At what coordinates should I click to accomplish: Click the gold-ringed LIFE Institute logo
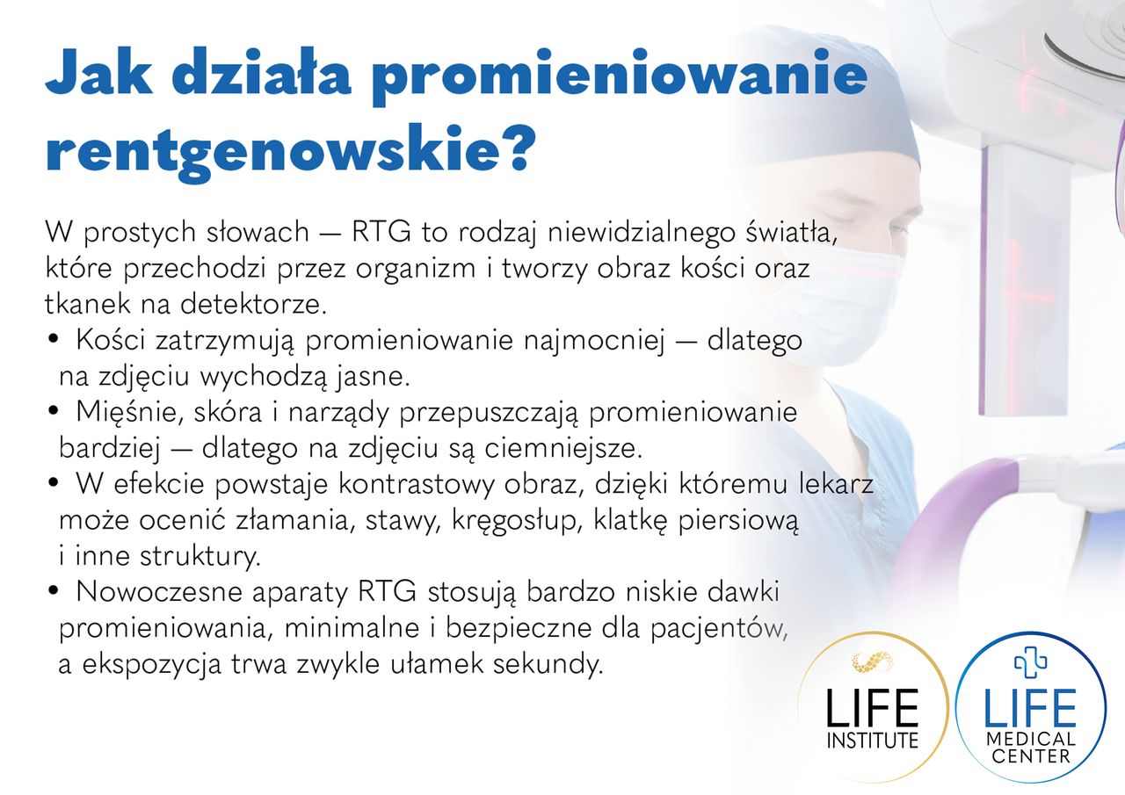[x=873, y=708]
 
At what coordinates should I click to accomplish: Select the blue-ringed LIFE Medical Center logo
[x=1031, y=708]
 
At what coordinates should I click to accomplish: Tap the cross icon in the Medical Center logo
[x=1031, y=661]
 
